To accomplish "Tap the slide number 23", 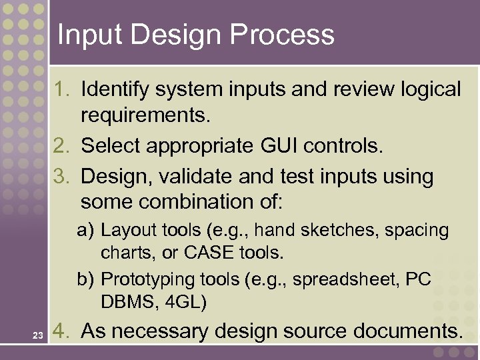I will [x=37, y=335].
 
